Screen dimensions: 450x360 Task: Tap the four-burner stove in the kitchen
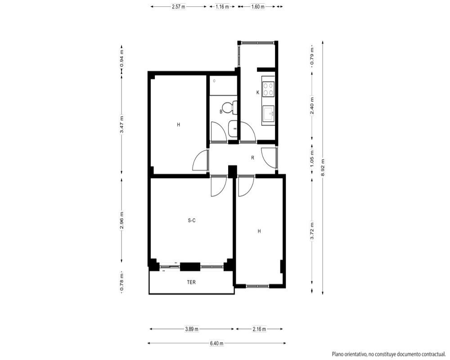click(x=268, y=89)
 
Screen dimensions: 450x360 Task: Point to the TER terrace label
click(x=191, y=282)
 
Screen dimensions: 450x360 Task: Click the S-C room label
click(x=192, y=220)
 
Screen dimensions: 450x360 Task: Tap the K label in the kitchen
click(x=258, y=92)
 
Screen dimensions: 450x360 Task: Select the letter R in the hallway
click(x=252, y=158)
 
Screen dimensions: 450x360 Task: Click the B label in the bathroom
click(x=221, y=112)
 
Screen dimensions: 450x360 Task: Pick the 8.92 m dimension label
click(x=323, y=168)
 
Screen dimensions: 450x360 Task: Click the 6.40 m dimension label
click(x=217, y=343)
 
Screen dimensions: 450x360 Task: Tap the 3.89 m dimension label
click(x=192, y=329)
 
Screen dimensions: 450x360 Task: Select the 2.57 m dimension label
click(x=179, y=7)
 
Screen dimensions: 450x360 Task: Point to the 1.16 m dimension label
click(x=222, y=7)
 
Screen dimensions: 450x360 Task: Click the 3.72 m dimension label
click(x=312, y=231)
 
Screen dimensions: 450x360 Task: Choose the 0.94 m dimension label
click(x=121, y=58)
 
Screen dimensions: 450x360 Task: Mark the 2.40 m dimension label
click(x=312, y=105)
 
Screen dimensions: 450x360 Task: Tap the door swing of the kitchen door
click(x=250, y=130)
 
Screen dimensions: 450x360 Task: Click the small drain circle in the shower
click(x=214, y=81)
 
